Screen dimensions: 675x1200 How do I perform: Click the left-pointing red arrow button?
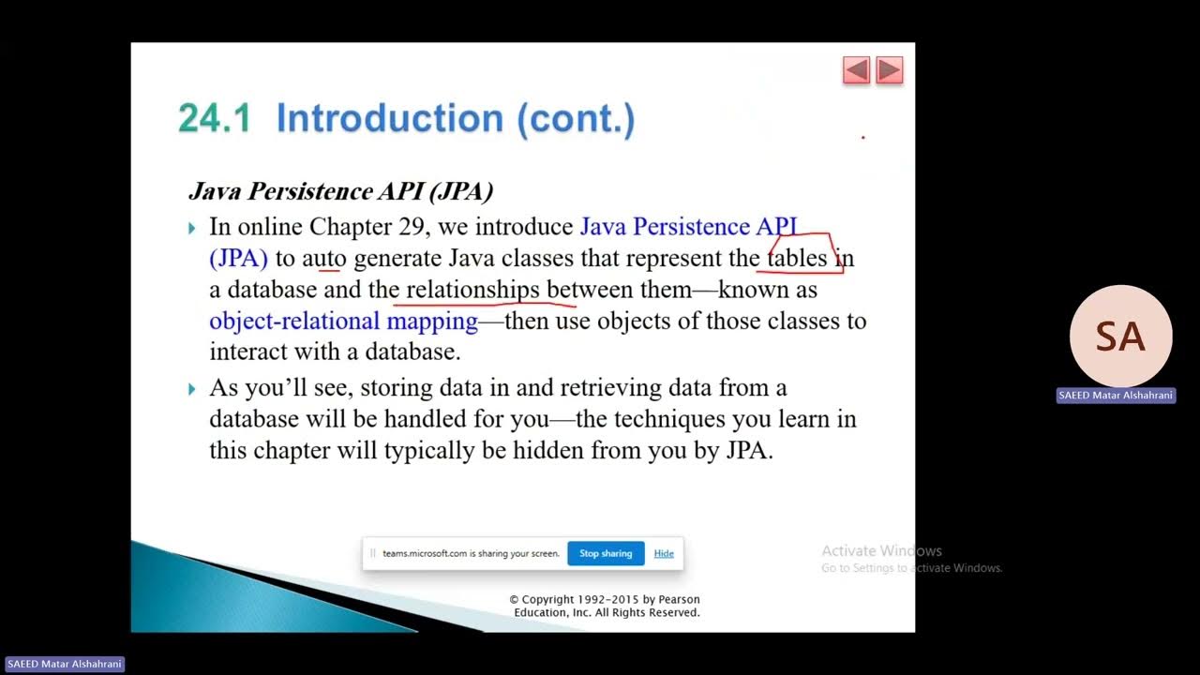coord(856,70)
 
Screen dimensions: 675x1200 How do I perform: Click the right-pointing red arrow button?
coord(889,70)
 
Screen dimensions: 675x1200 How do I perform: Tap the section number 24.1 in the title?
coord(215,119)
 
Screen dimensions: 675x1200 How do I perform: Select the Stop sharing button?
coord(606,553)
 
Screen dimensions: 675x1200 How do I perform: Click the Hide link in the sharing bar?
coord(664,553)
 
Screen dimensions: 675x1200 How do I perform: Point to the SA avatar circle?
coord(1120,337)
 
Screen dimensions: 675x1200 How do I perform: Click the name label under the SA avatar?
coord(1116,396)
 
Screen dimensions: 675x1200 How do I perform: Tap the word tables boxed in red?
coord(797,258)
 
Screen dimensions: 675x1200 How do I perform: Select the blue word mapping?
coord(432,322)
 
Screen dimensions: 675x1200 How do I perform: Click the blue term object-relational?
coord(294,322)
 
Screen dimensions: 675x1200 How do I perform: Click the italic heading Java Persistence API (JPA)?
coord(340,191)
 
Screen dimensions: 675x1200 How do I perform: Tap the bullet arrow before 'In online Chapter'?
coord(192,228)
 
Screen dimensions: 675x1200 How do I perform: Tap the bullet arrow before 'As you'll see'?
coord(192,388)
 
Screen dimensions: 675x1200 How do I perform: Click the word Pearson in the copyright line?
coord(678,600)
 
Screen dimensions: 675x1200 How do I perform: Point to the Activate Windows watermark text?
coord(881,551)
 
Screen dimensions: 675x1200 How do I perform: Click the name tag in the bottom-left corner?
coord(64,664)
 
